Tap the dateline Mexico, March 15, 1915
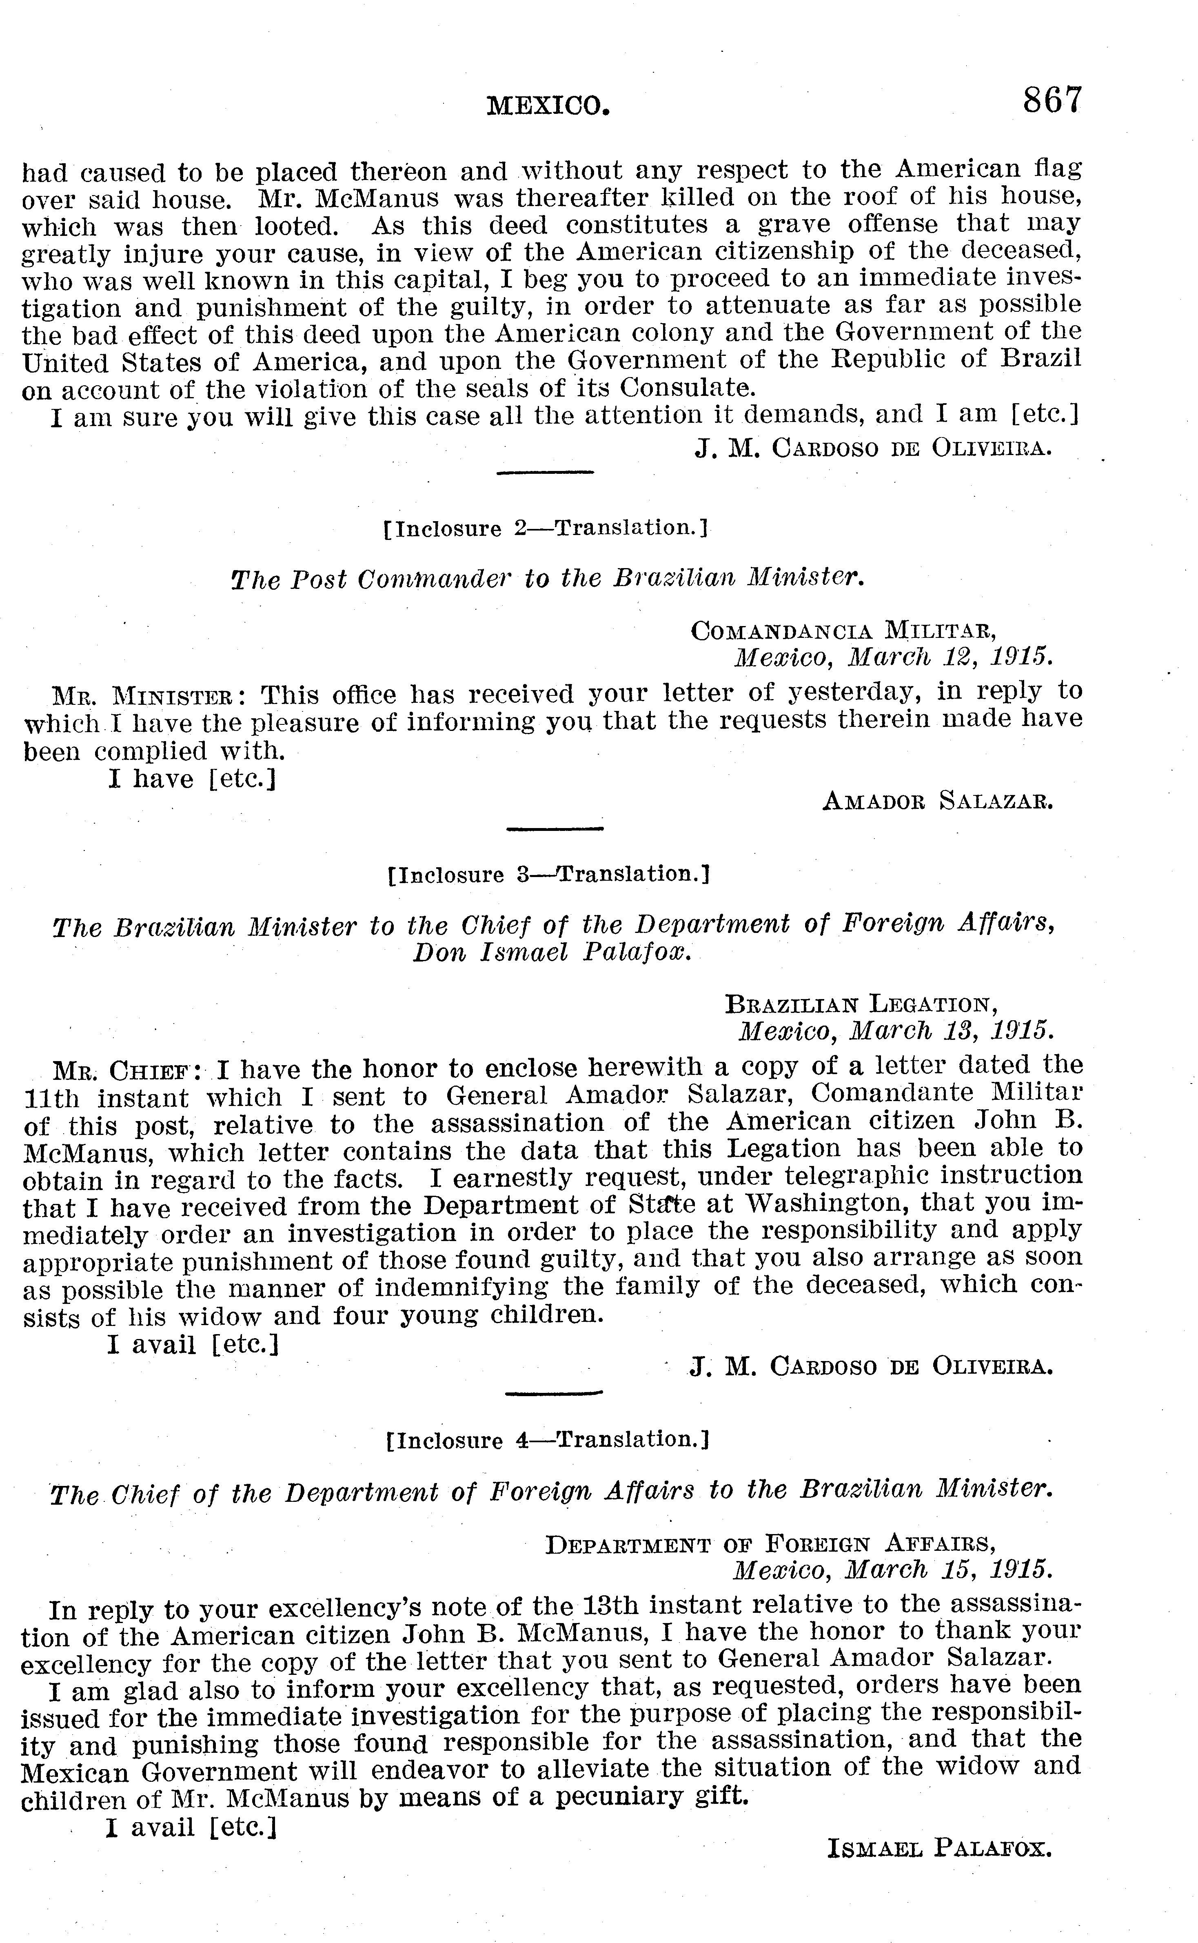[x=893, y=1569]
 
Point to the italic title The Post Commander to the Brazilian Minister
[x=547, y=579]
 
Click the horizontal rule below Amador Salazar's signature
[x=555, y=829]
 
